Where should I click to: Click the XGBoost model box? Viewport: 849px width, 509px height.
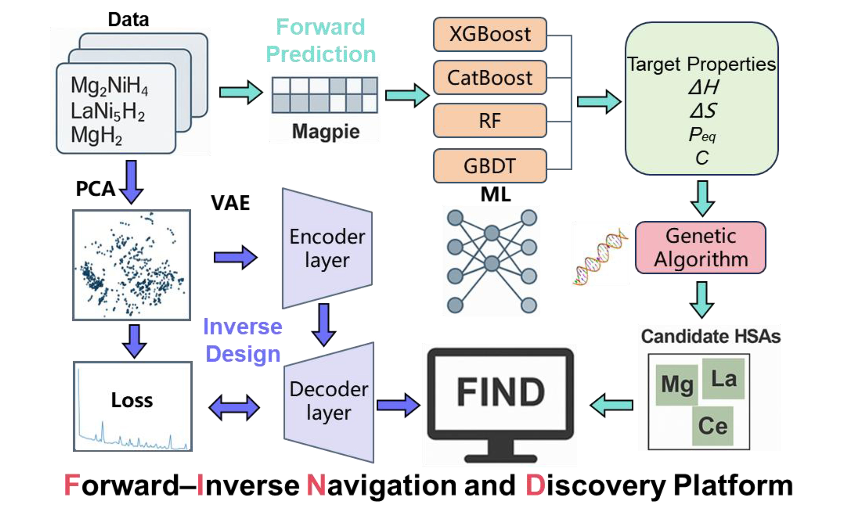coord(490,34)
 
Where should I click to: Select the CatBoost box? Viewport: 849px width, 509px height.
coord(490,78)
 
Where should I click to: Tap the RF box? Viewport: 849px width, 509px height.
coord(490,121)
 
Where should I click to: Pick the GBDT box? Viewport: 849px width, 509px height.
coord(490,166)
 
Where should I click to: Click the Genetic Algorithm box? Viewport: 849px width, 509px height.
coord(700,247)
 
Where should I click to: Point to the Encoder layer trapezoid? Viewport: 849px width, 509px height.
coord(327,248)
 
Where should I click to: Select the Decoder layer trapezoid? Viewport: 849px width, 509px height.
coord(329,402)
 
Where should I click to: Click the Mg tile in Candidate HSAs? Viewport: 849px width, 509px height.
coord(677,385)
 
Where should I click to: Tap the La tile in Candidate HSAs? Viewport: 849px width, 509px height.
coord(723,379)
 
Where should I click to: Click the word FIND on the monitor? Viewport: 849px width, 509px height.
coord(501,392)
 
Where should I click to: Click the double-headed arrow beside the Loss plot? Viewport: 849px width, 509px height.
coord(234,408)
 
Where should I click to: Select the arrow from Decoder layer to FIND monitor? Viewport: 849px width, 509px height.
coord(398,405)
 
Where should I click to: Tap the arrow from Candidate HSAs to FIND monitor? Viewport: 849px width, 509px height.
coord(611,405)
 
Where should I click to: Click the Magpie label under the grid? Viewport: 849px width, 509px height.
coord(326,132)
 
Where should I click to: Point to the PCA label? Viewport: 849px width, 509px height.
coord(96,189)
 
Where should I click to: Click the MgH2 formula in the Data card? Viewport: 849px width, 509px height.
coord(97,136)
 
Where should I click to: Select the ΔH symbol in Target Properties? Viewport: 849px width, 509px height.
coord(703,87)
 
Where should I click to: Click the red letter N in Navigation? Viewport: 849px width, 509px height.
coord(316,485)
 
